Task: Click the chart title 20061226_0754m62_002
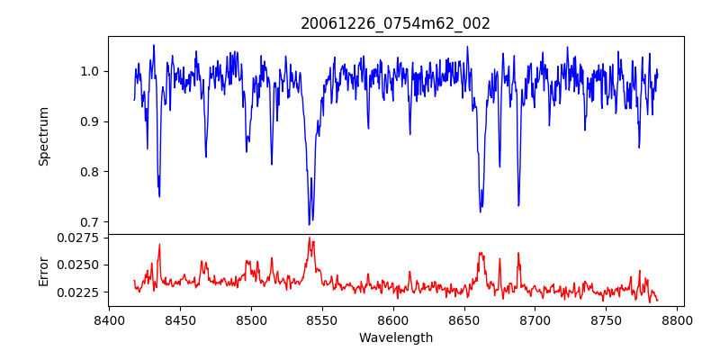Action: click(395, 23)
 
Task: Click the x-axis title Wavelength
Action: click(395, 338)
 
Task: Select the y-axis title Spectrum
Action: click(43, 136)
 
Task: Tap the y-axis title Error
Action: click(43, 270)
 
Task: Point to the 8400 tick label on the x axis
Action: click(109, 319)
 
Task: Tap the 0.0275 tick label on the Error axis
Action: click(80, 238)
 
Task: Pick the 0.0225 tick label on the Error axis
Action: click(80, 292)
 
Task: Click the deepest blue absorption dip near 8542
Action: click(310, 223)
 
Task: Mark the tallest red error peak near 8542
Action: click(310, 238)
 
